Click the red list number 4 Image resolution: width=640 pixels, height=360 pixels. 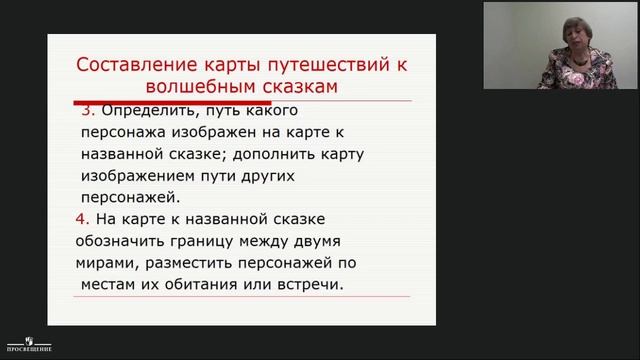81,218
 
